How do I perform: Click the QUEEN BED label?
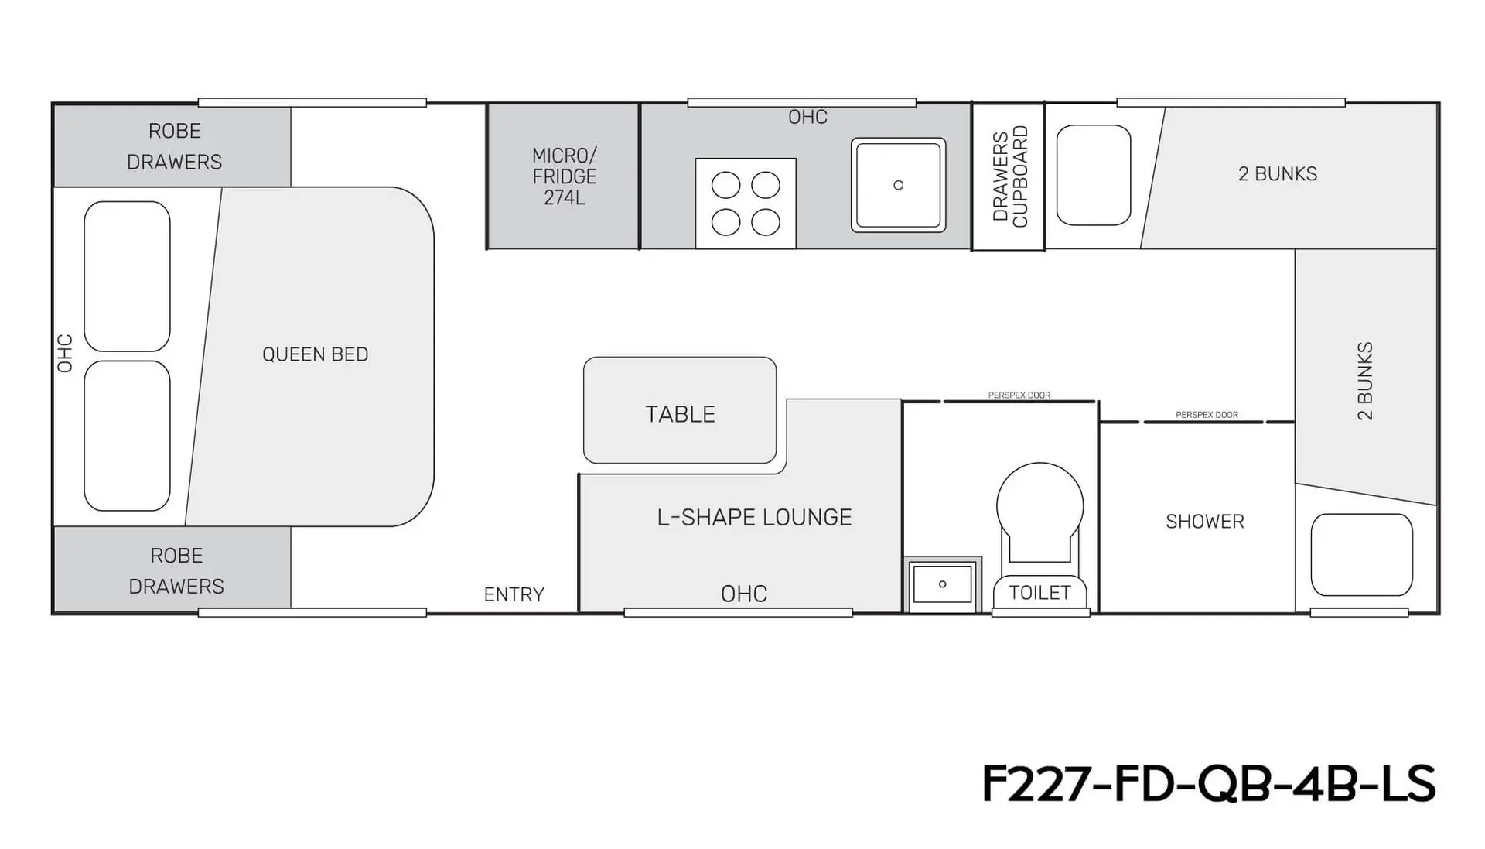(x=315, y=354)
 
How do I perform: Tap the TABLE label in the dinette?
(x=680, y=414)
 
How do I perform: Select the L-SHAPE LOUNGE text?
(x=754, y=517)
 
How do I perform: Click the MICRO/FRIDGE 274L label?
(x=565, y=176)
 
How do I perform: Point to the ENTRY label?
(x=514, y=594)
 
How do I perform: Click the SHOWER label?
(x=1205, y=522)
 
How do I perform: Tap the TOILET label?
(x=1039, y=593)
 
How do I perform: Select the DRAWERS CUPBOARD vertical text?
(x=1010, y=176)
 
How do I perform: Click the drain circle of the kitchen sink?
(x=898, y=185)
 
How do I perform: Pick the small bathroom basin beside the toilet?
(x=942, y=584)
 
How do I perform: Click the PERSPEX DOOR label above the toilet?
(x=1019, y=395)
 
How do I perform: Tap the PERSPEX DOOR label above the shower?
(x=1207, y=415)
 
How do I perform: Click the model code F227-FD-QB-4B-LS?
(x=1209, y=783)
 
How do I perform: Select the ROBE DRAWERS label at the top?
(x=175, y=146)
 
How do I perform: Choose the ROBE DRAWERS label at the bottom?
(x=176, y=571)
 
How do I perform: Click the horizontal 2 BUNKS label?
(x=1278, y=174)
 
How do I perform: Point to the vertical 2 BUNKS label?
(x=1365, y=381)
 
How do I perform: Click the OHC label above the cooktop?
(x=807, y=117)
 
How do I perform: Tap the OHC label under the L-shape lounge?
(x=744, y=594)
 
